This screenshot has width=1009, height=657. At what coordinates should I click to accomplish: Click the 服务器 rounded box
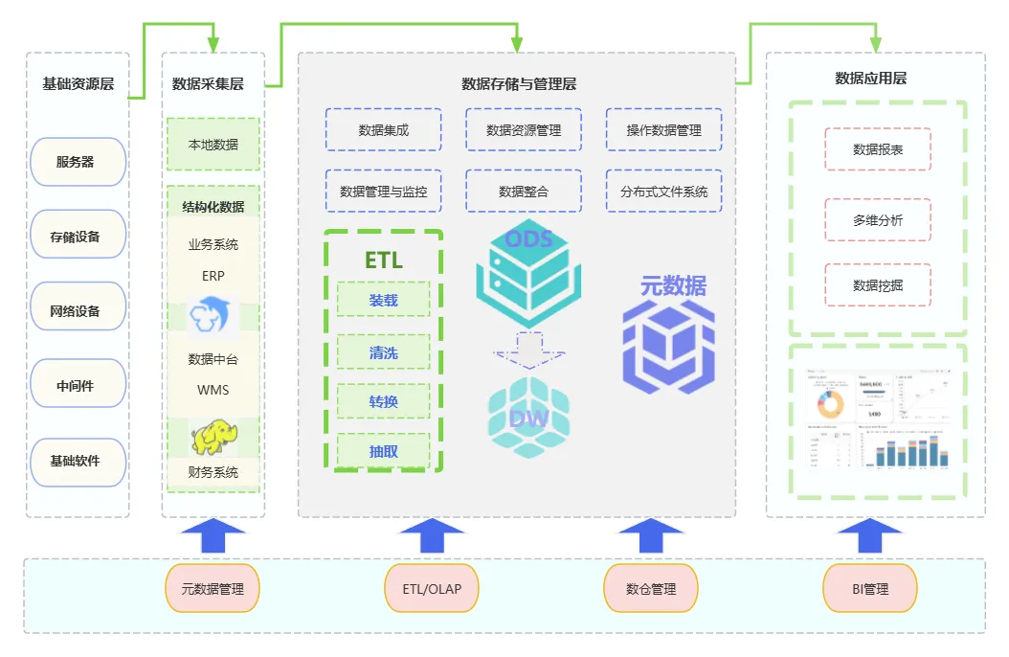click(78, 162)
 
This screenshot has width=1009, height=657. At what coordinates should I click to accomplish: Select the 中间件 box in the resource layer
click(78, 386)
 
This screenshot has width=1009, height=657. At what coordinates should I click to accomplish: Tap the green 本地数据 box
click(213, 145)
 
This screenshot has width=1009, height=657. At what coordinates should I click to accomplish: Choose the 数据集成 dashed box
click(383, 129)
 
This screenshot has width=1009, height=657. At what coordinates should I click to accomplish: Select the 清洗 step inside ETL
click(383, 353)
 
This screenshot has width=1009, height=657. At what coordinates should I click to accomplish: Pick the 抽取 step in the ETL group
click(383, 451)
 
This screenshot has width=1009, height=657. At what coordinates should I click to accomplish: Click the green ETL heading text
click(383, 261)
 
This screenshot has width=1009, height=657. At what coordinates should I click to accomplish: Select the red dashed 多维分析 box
click(877, 220)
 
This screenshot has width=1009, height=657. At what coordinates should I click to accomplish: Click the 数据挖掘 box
click(877, 285)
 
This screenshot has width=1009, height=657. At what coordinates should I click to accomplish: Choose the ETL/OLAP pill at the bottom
click(431, 588)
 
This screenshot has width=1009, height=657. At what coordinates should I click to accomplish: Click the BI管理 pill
click(869, 588)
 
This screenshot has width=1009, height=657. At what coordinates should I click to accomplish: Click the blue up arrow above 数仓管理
click(651, 534)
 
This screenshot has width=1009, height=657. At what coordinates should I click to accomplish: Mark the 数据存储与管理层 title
click(518, 84)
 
